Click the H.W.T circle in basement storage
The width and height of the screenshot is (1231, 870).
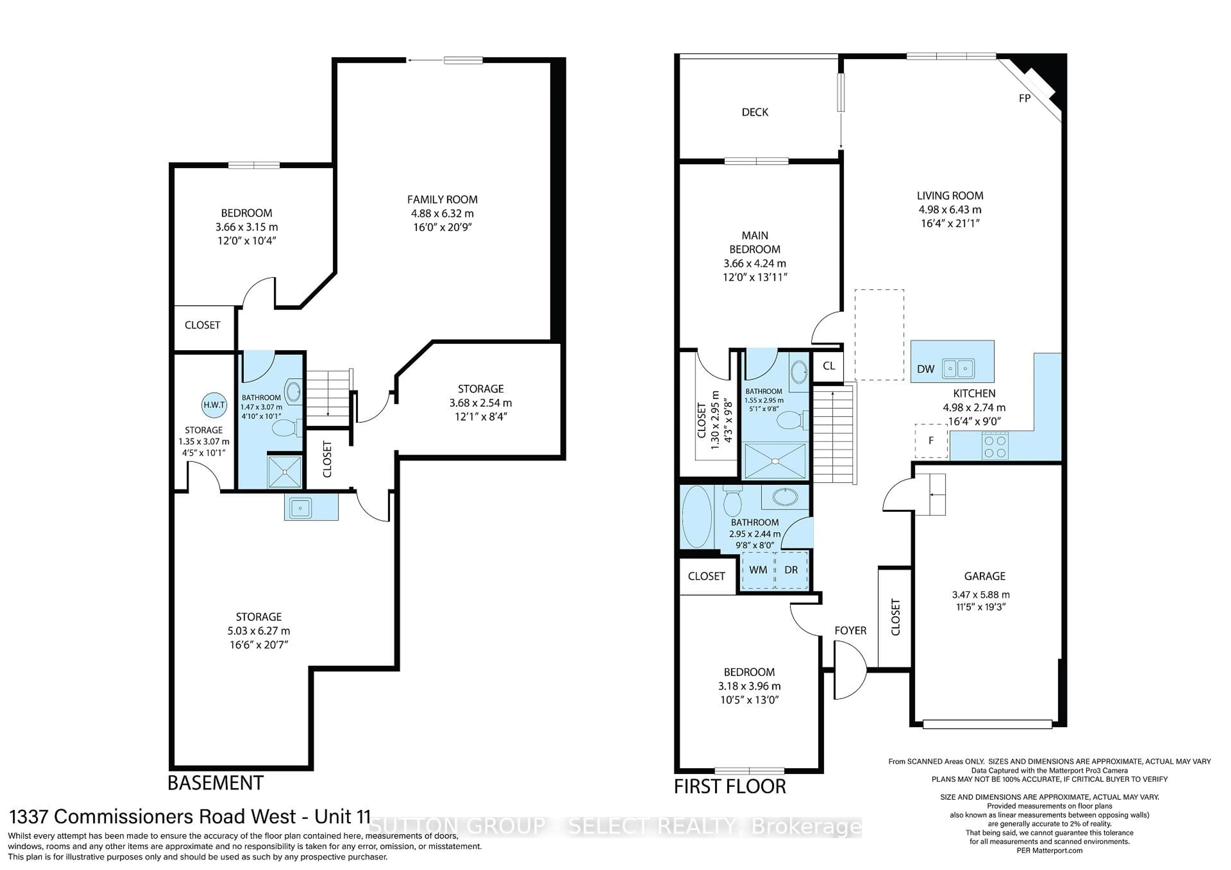click(x=214, y=405)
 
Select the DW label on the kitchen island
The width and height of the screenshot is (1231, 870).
click(x=925, y=369)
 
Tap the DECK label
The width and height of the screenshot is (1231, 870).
click(x=755, y=112)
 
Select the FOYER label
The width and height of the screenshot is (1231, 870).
click(x=850, y=631)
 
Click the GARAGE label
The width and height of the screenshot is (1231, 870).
click(x=984, y=576)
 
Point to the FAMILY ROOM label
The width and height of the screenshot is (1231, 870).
click(x=442, y=199)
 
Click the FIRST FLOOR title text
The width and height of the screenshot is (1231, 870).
click(x=730, y=786)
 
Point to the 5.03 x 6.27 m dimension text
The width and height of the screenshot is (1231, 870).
click(x=258, y=631)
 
